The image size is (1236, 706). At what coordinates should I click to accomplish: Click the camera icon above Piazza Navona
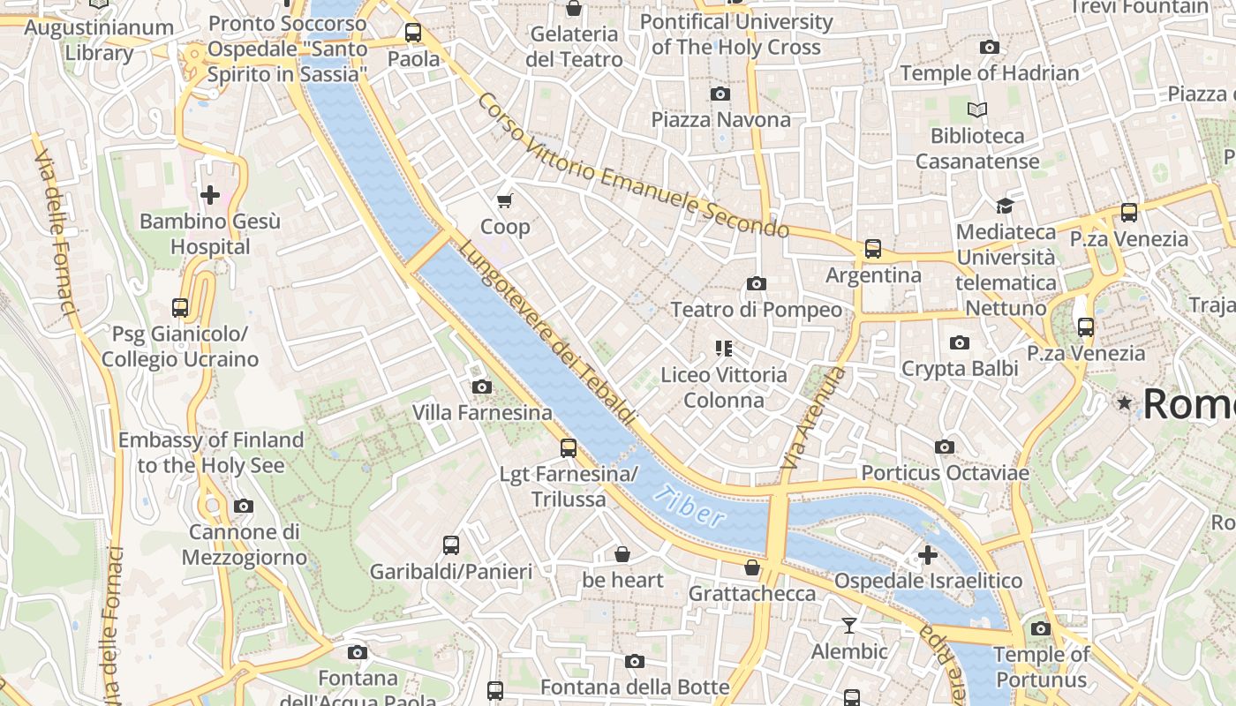720,94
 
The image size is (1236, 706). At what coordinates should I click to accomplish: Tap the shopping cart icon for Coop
505,201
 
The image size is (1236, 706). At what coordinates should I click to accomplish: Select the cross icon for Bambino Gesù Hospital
210,195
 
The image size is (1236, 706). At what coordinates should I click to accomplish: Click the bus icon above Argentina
873,249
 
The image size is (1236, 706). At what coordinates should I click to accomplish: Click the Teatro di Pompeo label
757,310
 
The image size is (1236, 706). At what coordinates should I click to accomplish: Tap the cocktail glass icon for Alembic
849,626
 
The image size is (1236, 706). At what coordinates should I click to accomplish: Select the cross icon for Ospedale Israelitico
928,555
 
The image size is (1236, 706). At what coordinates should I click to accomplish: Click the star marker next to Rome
1124,403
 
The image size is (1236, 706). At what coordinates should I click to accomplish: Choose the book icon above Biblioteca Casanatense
977,110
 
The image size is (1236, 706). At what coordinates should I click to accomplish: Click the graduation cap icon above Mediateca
1005,206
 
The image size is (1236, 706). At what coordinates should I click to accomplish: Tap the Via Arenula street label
813,418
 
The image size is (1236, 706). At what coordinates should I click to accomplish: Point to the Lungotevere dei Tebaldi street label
546,334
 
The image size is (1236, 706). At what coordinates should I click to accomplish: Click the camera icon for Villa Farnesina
482,387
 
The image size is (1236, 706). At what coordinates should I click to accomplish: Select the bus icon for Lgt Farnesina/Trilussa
569,448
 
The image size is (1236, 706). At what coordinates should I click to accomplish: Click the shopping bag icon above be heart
622,554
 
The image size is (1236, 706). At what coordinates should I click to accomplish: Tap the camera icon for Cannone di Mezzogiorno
244,507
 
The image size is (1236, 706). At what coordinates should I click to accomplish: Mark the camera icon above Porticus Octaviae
945,447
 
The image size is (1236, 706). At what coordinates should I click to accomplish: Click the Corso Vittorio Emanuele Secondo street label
632,168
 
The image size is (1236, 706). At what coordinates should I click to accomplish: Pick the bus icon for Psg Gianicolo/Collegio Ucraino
180,308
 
